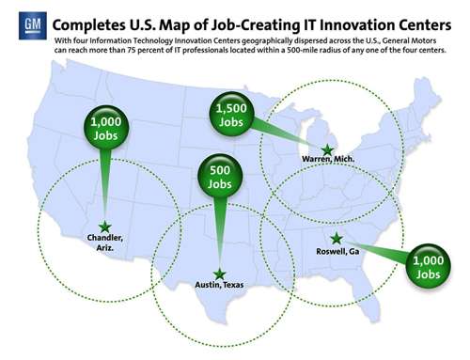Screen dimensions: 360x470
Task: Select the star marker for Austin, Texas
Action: pyautogui.click(x=219, y=274)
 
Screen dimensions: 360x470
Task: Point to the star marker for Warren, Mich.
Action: pyautogui.click(x=327, y=149)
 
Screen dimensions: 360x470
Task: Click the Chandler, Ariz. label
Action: pyautogui.click(x=104, y=243)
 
